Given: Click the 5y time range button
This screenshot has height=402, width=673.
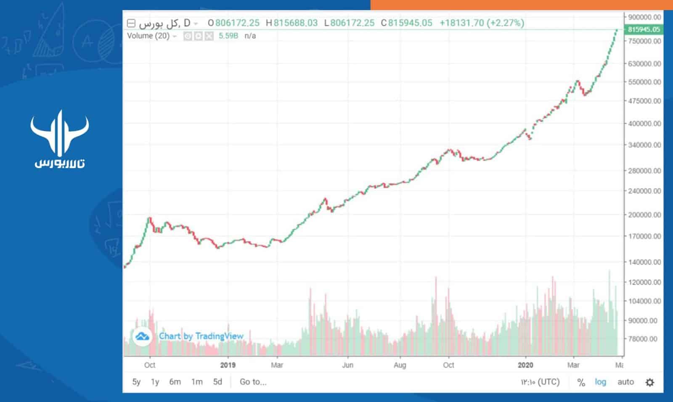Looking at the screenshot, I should click(x=136, y=382).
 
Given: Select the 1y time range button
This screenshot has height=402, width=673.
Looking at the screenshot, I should click(x=155, y=382).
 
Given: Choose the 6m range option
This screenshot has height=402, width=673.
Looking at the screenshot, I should click(x=175, y=382).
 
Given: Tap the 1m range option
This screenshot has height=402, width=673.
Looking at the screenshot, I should click(x=197, y=382).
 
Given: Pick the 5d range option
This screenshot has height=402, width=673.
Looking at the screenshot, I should click(x=217, y=382).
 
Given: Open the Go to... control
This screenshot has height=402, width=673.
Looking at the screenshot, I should click(x=253, y=382).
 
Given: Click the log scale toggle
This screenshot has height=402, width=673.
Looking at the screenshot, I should click(x=600, y=382).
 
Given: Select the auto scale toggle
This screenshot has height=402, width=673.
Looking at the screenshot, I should click(x=625, y=382).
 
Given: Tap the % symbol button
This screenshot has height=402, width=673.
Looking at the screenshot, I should click(x=581, y=382).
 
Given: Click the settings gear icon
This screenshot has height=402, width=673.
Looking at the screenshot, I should click(x=650, y=382).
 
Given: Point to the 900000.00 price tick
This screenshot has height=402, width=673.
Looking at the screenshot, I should click(x=644, y=17).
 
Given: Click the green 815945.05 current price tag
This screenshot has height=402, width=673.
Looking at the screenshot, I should click(x=644, y=29).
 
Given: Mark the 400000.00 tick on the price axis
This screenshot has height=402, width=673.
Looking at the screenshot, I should click(x=644, y=123).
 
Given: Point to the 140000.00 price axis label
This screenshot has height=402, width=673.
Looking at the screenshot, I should click(x=644, y=262).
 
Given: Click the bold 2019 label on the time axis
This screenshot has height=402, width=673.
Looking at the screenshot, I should click(x=228, y=365).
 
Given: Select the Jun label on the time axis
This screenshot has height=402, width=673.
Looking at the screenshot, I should click(x=347, y=365).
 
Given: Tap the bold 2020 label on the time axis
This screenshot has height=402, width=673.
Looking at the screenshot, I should click(x=525, y=365).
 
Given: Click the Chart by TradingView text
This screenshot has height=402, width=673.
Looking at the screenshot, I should click(x=201, y=336).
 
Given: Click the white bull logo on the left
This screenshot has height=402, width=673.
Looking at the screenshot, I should click(x=60, y=134).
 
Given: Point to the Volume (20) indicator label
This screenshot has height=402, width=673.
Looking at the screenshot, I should click(x=148, y=36).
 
